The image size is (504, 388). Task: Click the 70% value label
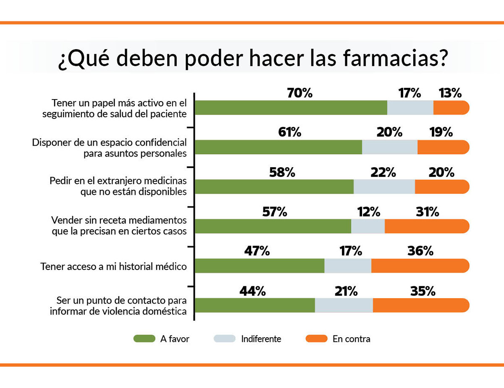[300, 93]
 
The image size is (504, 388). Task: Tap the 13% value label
[450, 93]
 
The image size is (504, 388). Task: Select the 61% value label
[290, 132]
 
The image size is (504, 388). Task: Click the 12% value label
[368, 212]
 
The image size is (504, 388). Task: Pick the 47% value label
[256, 251]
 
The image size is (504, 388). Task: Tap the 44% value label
[252, 291]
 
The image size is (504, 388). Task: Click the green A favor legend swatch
[144, 338]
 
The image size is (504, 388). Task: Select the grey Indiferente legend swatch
[225, 338]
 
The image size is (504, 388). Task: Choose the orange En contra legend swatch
[316, 338]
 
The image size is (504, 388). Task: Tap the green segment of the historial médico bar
[260, 266]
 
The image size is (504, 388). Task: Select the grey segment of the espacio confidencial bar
[390, 147]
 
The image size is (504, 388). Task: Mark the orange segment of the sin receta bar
[426, 226]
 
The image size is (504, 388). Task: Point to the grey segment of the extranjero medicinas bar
[384, 186]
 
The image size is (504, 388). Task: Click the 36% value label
[420, 251]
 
